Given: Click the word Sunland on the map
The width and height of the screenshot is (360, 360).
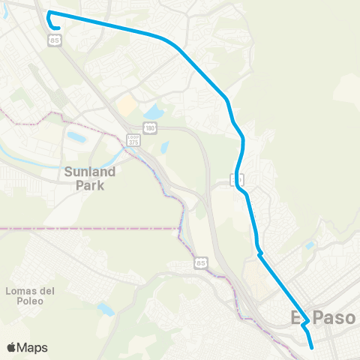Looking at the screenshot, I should tap(89, 171).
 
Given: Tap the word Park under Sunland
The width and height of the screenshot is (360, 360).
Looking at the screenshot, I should tap(90, 184).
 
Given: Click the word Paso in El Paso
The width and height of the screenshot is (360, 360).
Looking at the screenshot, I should tap(334, 318).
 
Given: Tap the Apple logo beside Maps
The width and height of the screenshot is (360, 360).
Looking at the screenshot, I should tap(12, 347).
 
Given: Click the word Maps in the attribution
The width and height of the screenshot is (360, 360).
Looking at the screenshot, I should tap(32, 347).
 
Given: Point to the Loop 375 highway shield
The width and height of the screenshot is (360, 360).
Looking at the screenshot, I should tap(133, 140).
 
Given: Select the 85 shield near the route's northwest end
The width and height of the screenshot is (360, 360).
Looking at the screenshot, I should tap(55, 41).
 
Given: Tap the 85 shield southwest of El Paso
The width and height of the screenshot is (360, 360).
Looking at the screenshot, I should tap(199, 263).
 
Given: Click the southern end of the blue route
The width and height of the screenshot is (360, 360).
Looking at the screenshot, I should tap(312, 347).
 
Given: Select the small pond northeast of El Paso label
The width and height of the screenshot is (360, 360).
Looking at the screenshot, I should tap(309, 245).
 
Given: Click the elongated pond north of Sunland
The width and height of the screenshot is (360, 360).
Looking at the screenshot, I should tap(76, 137).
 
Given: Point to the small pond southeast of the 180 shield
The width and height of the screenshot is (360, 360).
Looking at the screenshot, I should tap(164, 147).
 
